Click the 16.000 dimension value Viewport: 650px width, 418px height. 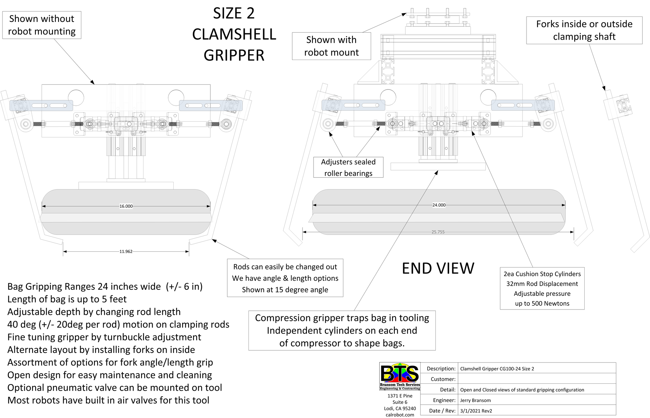click(126, 206)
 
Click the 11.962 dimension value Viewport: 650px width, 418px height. click(126, 252)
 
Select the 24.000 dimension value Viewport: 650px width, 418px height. click(439, 205)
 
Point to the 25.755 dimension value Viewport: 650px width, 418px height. click(438, 232)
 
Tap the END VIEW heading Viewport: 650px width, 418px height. click(438, 269)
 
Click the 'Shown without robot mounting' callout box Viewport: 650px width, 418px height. click(42, 25)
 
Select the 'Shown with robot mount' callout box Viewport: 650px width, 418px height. click(331, 46)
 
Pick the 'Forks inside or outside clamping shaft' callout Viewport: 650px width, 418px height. click(584, 30)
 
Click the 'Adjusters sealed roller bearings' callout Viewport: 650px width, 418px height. click(348, 167)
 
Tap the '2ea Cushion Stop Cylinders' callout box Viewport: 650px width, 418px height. click(542, 288)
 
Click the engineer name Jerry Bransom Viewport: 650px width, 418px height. click(475, 400)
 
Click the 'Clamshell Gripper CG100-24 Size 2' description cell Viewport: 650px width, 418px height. click(497, 368)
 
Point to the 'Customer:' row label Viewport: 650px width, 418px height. click(443, 379)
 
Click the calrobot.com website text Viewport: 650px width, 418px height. click(400, 415)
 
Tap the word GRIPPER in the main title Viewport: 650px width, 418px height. click(234, 55)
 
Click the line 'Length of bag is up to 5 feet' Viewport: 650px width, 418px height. click(67, 299)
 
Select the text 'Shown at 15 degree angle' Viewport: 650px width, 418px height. click(285, 290)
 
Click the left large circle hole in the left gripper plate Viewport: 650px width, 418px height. click(76, 97)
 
